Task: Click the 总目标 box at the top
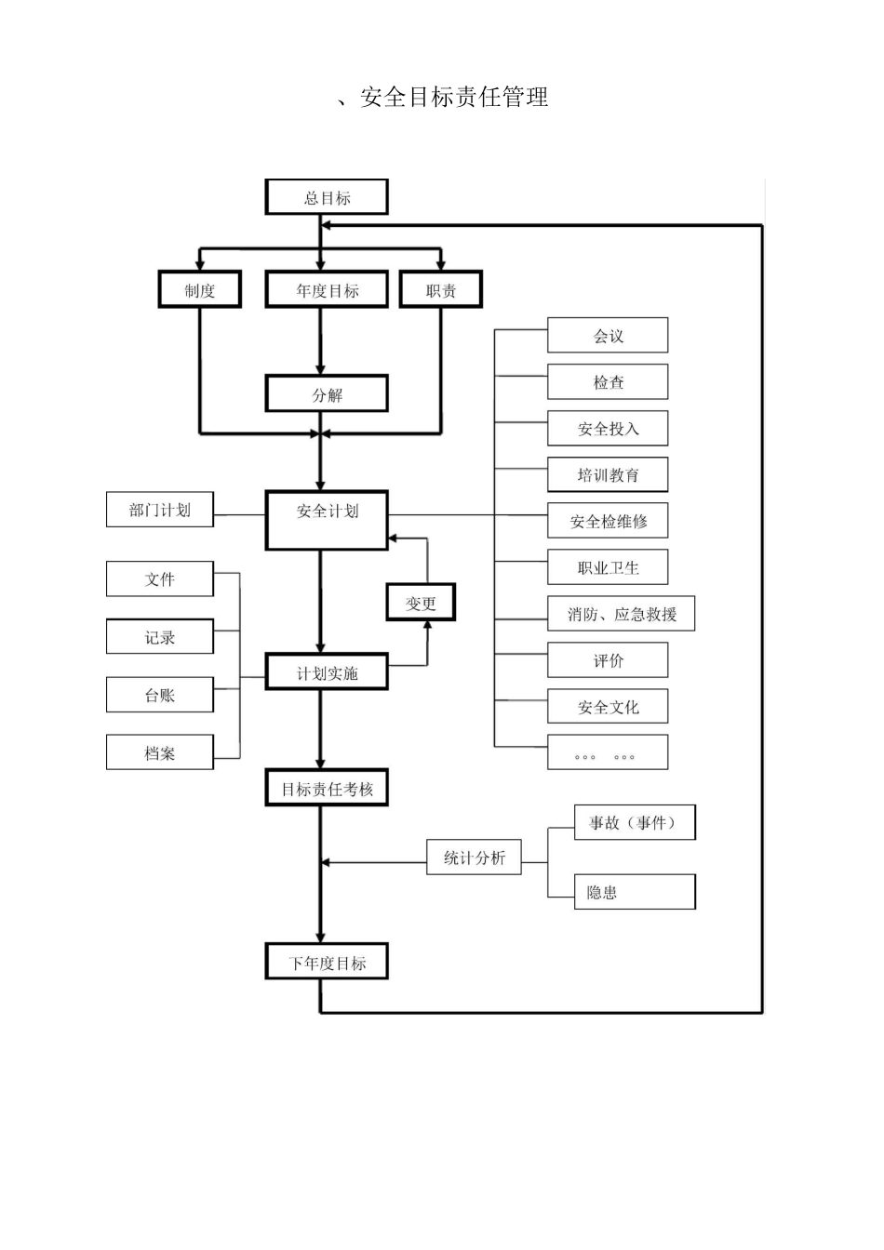point(327,197)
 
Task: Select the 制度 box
point(199,290)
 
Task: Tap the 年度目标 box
point(327,290)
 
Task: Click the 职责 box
point(441,290)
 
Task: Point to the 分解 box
point(327,394)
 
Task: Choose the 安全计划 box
point(327,520)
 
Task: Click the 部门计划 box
point(160,510)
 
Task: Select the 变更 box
point(421,603)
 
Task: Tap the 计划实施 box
point(327,672)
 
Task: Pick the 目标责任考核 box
point(327,789)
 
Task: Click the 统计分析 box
point(475,858)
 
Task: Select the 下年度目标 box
point(327,963)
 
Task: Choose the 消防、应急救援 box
point(621,614)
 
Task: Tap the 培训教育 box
point(608,474)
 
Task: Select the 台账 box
point(160,695)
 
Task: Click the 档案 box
point(160,752)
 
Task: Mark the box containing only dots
point(608,752)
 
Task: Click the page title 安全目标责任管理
point(453,97)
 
